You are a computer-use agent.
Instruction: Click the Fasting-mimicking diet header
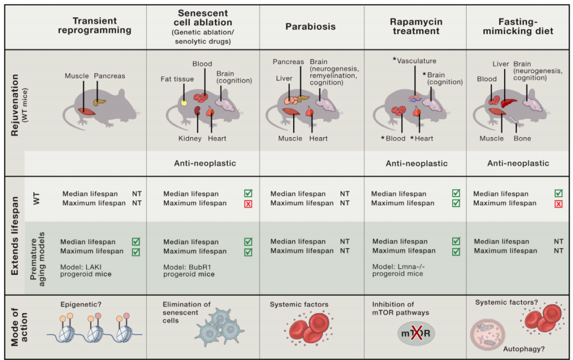click(x=517, y=26)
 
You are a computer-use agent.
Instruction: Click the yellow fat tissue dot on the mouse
click(x=184, y=102)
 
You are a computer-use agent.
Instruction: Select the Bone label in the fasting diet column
click(x=522, y=138)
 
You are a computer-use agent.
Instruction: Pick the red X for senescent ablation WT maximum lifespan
click(x=248, y=203)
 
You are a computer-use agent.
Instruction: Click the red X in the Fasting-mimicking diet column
click(x=558, y=203)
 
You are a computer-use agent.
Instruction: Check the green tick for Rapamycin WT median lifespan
click(x=456, y=194)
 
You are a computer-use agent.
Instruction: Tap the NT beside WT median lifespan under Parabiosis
click(x=345, y=194)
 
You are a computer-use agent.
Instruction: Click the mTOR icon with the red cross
click(x=415, y=334)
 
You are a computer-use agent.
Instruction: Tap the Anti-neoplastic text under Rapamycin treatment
click(x=417, y=163)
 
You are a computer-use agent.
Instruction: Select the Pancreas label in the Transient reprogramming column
click(x=110, y=76)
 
